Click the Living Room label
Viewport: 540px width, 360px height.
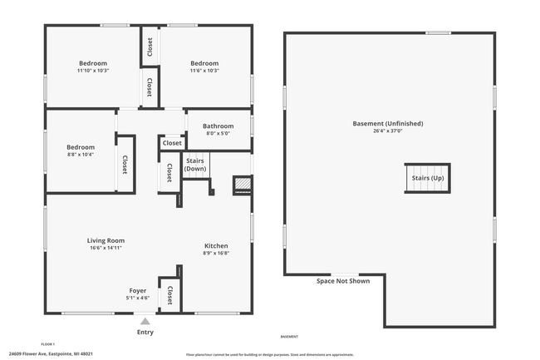pyautogui.click(x=106, y=240)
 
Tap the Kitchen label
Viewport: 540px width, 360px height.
pyautogui.click(x=216, y=245)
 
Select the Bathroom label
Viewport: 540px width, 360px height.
pyautogui.click(x=218, y=126)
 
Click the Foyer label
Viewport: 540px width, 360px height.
pyautogui.click(x=138, y=290)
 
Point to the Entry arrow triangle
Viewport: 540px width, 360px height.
pyautogui.click(x=145, y=321)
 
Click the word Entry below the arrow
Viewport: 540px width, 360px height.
pyautogui.click(x=145, y=332)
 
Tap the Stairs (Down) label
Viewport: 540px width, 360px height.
pyautogui.click(x=195, y=165)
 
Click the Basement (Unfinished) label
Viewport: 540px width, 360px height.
pyautogui.click(x=388, y=123)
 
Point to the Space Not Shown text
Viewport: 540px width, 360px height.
pyautogui.click(x=343, y=281)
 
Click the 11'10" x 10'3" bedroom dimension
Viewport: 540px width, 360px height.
pyautogui.click(x=93, y=71)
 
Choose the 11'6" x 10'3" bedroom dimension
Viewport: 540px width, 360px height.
pyautogui.click(x=204, y=71)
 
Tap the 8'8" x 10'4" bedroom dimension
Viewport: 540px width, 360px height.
pyautogui.click(x=80, y=155)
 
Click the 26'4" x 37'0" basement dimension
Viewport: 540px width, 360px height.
pyautogui.click(x=388, y=131)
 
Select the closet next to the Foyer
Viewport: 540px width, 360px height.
pyautogui.click(x=169, y=295)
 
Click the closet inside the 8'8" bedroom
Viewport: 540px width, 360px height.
pyautogui.click(x=125, y=165)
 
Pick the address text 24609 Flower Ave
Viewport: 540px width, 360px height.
pyautogui.click(x=51, y=353)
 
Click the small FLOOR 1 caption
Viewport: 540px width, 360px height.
pyautogui.click(x=48, y=343)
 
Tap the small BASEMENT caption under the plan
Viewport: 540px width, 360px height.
pyautogui.click(x=289, y=337)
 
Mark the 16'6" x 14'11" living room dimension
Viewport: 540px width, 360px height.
pyautogui.click(x=106, y=248)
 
